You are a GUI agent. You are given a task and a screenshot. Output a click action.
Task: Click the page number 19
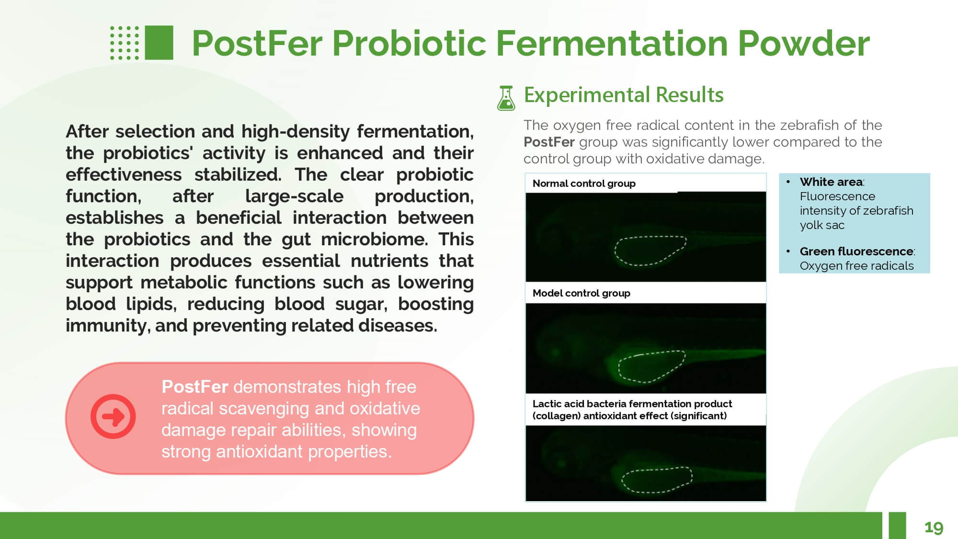click(934, 528)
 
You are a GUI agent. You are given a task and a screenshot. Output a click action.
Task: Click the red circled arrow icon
click(113, 416)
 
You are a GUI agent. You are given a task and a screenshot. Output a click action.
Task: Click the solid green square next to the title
click(159, 43)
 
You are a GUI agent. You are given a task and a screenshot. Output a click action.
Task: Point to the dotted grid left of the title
click(125, 43)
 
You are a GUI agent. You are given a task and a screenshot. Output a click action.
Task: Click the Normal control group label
click(584, 183)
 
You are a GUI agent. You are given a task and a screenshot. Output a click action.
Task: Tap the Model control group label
click(581, 293)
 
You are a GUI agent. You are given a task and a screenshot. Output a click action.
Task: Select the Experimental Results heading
click(624, 95)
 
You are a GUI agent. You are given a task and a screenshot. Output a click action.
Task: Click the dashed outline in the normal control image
click(616, 249)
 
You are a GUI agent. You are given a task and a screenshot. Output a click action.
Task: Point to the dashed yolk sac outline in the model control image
click(619, 367)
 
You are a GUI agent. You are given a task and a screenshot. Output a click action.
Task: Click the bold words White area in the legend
click(831, 182)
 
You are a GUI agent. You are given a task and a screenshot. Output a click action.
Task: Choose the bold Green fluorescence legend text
click(856, 252)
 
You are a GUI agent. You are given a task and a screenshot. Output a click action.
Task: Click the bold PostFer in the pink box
click(194, 387)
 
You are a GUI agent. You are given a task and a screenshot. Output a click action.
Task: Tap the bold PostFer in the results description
click(549, 142)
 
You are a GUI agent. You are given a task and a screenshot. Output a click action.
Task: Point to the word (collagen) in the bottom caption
click(556, 416)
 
